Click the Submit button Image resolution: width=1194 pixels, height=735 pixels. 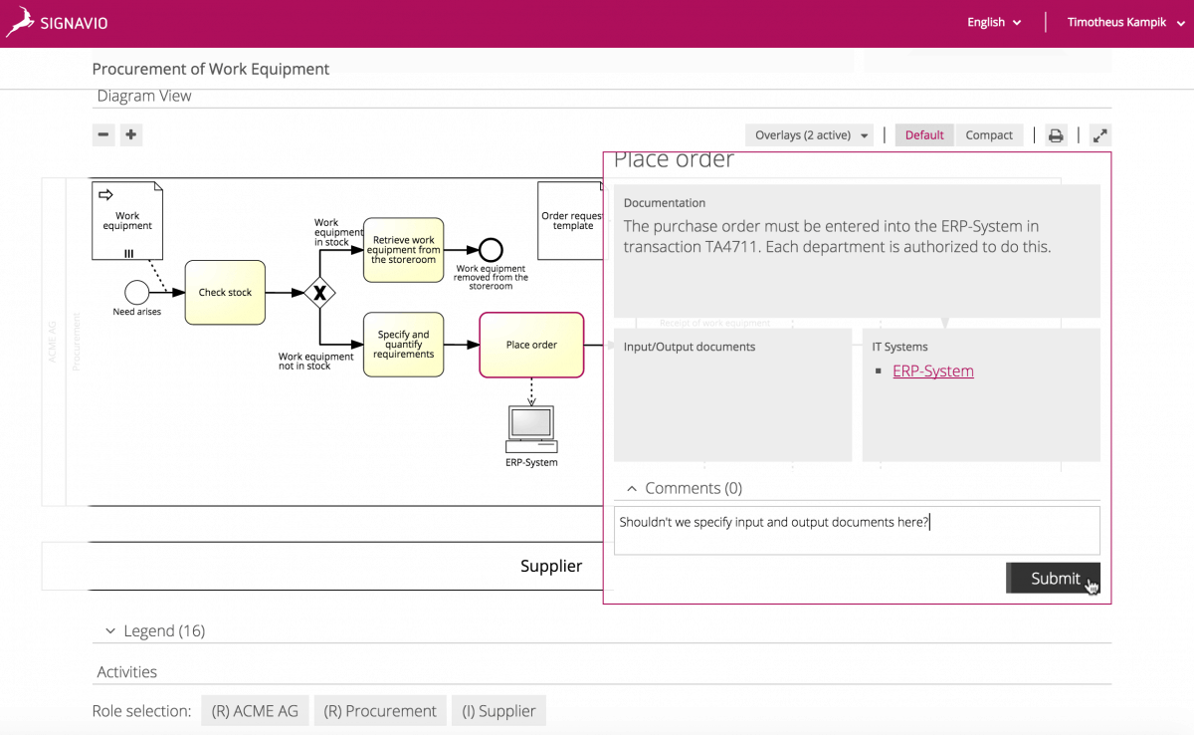1053,578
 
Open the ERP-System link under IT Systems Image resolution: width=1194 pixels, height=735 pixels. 932,370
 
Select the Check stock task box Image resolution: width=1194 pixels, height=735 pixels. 225,293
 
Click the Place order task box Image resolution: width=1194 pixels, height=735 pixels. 531,345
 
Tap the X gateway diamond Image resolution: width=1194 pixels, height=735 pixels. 319,293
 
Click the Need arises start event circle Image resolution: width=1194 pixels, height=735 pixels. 136,292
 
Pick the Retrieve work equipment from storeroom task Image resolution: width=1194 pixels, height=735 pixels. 403,250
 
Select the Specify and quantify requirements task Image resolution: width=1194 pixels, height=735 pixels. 403,345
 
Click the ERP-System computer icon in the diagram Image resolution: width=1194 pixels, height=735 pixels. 531,426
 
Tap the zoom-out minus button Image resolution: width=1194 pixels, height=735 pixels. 103,134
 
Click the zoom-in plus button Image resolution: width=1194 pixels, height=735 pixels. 131,134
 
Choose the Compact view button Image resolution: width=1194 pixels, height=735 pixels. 989,135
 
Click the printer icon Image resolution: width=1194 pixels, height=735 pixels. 1056,135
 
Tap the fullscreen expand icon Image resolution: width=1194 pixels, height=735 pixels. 1100,135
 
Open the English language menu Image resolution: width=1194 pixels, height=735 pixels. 994,22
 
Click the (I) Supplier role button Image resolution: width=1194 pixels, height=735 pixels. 498,711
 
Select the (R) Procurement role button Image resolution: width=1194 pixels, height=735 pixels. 380,711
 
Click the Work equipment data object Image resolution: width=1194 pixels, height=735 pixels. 127,220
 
